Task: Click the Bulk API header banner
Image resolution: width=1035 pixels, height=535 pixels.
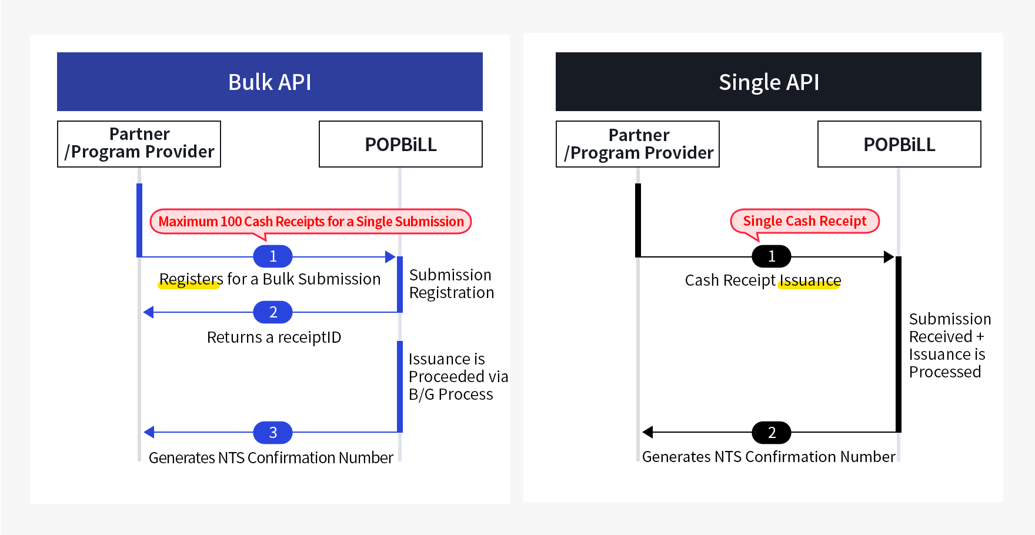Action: pos(269,82)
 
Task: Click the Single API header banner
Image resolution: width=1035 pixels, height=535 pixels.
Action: pos(768,82)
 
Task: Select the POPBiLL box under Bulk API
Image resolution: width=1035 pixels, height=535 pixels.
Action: pos(400,144)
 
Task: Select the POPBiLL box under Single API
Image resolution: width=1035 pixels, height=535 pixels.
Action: pos(899,144)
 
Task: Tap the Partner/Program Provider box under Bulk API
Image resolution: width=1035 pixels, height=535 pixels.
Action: pos(139,144)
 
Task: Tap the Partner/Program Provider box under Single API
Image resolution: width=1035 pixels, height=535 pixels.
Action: pos(637,144)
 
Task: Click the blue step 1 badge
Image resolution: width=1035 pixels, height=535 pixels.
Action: pos(273,256)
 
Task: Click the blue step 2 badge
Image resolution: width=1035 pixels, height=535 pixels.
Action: pos(273,312)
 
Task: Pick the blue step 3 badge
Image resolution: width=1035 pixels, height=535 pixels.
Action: pos(273,433)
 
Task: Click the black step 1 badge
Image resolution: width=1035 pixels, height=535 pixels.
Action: pos(772,256)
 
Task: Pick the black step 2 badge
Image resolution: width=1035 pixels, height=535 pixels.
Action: pos(772,433)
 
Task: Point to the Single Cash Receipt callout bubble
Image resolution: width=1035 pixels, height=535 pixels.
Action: pos(804,221)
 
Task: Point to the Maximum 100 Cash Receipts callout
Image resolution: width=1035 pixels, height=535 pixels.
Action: pos(310,222)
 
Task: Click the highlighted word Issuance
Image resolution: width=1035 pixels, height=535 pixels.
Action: pos(810,280)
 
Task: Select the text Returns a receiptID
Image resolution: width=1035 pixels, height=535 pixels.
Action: pos(274,337)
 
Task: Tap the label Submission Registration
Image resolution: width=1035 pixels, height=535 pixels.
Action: pos(451,284)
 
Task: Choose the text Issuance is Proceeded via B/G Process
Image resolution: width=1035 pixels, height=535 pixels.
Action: pos(458,376)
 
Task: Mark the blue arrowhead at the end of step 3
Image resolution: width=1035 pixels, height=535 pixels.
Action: pos(149,433)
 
